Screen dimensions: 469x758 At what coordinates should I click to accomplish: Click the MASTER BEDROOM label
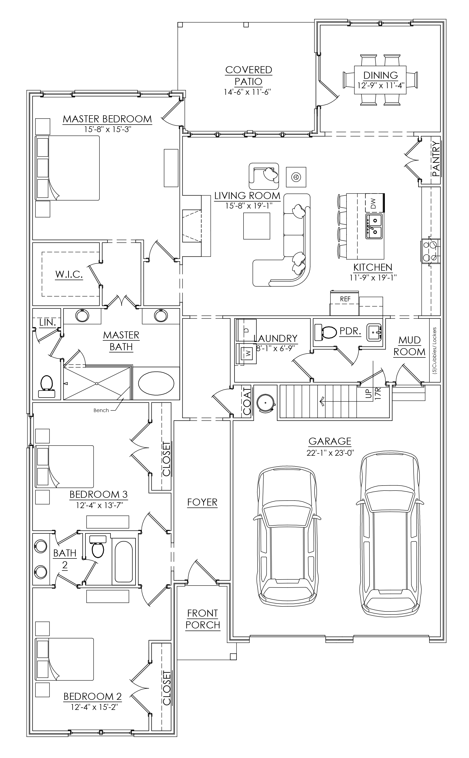tap(107, 119)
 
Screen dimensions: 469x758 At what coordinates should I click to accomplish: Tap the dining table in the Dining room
tap(380, 80)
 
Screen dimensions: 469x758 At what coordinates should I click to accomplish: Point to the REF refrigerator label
tap(345, 299)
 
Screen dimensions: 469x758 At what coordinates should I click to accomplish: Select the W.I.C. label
tap(69, 274)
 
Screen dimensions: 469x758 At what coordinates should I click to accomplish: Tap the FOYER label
tap(202, 502)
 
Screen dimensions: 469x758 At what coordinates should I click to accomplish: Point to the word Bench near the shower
tap(101, 410)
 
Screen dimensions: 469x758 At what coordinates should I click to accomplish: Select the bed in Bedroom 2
tap(65, 663)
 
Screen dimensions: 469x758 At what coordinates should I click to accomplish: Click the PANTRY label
tap(436, 159)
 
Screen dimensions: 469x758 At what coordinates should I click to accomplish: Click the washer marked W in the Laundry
tap(246, 353)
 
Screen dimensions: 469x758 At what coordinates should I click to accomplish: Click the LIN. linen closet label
tap(47, 322)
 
